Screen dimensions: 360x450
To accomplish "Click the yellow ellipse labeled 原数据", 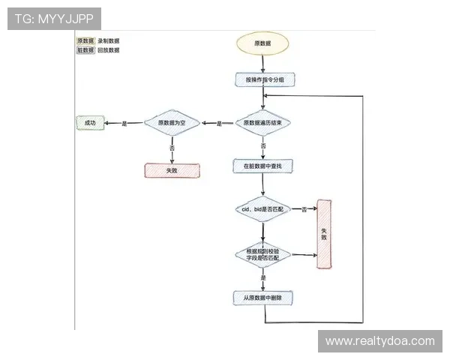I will (x=263, y=44).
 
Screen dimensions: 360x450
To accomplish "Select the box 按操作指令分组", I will (x=263, y=79).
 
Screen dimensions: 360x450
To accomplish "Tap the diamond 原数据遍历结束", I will (x=263, y=123).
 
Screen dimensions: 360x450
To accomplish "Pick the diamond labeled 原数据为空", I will (x=171, y=123).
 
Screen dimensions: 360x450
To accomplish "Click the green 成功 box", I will (x=90, y=122).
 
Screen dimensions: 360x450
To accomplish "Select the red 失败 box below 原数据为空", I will (x=172, y=170).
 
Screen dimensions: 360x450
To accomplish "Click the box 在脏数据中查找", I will (x=263, y=165).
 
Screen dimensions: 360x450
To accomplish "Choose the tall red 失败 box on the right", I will (x=324, y=233).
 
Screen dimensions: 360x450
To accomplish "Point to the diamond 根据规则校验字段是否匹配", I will (x=263, y=254).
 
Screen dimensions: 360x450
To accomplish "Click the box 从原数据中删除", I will (x=263, y=298).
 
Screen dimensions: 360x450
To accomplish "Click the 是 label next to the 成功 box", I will (x=124, y=123).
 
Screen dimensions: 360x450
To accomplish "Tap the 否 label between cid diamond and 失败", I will (x=304, y=208).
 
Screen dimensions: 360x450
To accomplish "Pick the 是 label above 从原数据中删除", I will (x=263, y=278).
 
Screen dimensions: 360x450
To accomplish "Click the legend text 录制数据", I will (x=109, y=40).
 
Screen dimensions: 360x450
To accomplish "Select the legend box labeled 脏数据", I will (x=85, y=50).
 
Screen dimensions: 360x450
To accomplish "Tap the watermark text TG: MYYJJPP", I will (x=54, y=18).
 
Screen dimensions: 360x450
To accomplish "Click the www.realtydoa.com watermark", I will (x=379, y=341).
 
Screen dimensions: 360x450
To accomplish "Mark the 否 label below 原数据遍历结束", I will (x=263, y=145).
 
